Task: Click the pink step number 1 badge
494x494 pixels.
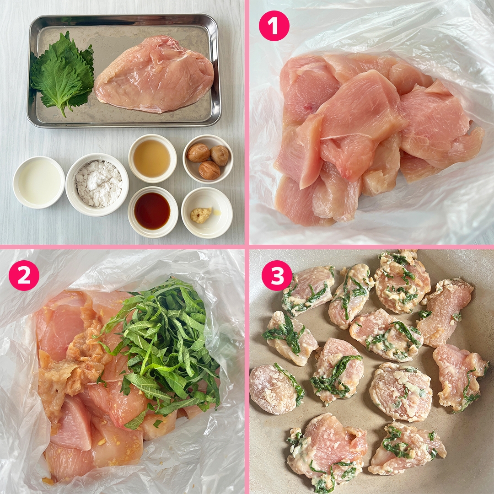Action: [x=274, y=26]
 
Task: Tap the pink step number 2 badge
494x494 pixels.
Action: [x=24, y=275]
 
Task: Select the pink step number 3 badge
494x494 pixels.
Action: [x=276, y=275]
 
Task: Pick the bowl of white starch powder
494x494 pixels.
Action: [x=97, y=183]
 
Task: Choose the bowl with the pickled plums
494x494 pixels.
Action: [x=208, y=158]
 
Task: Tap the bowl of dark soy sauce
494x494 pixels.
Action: [x=152, y=211]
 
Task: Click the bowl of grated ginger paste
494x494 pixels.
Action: [x=206, y=213]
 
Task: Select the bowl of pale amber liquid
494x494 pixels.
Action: [x=152, y=158]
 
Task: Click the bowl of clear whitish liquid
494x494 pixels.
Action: [x=39, y=182]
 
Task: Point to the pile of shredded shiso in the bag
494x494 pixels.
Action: [x=165, y=348]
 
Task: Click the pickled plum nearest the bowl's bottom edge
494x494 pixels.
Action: [x=209, y=170]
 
